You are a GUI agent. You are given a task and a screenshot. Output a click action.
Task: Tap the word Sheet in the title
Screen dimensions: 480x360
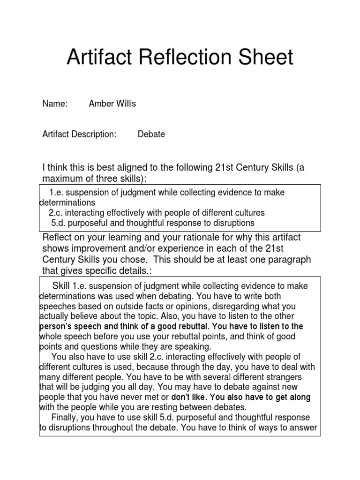tap(265, 58)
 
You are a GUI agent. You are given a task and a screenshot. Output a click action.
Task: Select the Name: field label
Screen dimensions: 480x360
tap(55, 104)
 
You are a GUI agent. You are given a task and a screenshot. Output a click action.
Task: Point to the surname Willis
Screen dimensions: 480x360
tap(126, 104)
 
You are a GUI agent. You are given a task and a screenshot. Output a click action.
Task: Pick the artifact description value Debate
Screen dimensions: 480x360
tap(151, 135)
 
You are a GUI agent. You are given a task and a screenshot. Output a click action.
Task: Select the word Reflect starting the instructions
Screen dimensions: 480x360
tap(59, 237)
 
